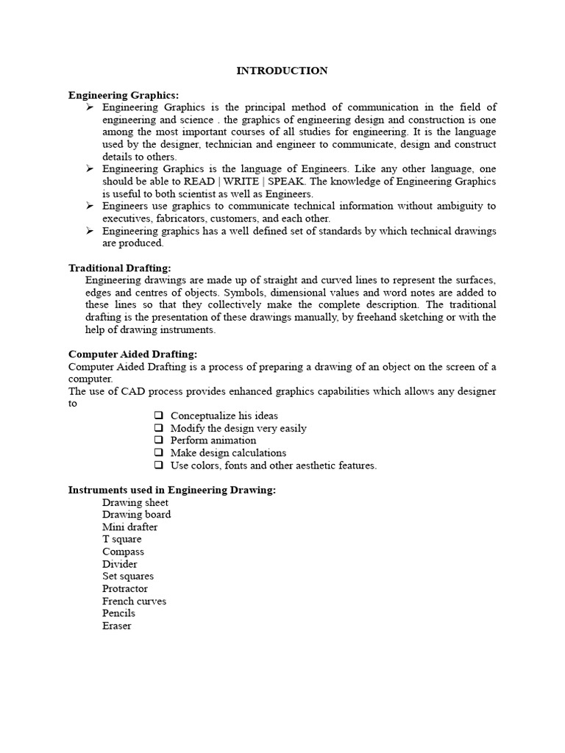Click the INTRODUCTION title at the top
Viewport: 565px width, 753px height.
point(282,71)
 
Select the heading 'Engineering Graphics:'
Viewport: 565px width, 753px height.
point(124,95)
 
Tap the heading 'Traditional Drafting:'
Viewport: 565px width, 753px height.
point(119,268)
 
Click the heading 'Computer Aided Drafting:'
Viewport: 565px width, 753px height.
point(132,354)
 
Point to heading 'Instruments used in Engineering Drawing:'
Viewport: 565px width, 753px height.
point(172,490)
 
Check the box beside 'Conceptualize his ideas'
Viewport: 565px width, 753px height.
point(158,415)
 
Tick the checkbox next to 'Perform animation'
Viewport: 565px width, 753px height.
point(158,440)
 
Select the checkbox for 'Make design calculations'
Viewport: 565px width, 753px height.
point(158,453)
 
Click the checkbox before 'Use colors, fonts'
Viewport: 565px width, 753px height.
point(158,465)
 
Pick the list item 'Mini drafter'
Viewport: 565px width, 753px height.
point(129,527)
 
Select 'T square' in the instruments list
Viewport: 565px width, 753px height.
point(122,539)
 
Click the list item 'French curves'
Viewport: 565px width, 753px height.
point(134,601)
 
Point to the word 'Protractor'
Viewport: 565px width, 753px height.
point(125,588)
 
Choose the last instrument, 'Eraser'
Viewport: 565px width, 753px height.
point(117,626)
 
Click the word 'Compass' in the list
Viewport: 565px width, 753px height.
point(123,552)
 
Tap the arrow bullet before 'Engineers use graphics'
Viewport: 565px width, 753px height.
point(89,206)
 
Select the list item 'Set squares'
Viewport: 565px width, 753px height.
point(128,577)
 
